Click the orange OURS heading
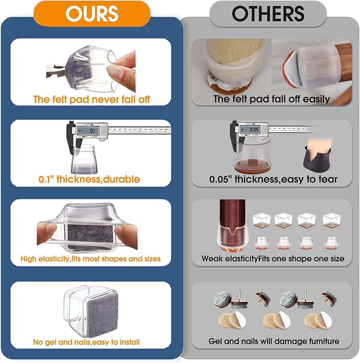tap(92, 14)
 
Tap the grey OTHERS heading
tap(268, 14)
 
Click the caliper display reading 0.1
tap(88, 131)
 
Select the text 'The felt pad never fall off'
tap(92, 100)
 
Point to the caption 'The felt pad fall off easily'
tap(271, 99)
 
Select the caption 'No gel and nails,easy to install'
tap(86, 342)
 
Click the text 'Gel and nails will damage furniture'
tap(274, 341)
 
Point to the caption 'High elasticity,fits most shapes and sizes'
tap(91, 259)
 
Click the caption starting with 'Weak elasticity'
tap(273, 259)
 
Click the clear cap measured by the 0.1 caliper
tap(84, 160)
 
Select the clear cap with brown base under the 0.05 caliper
tap(252, 155)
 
